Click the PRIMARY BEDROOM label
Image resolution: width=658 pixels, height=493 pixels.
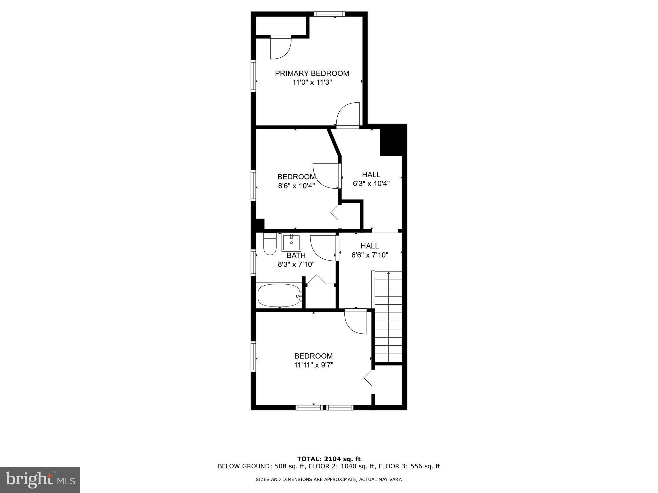click(312, 74)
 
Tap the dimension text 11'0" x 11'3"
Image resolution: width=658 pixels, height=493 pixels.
click(312, 82)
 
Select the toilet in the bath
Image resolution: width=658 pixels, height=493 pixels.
click(270, 245)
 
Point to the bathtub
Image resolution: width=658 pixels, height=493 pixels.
click(279, 295)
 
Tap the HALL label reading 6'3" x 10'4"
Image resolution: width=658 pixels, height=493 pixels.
click(371, 175)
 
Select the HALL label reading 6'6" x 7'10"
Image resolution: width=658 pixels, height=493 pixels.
click(369, 246)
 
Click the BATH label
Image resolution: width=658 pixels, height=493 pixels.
click(296, 256)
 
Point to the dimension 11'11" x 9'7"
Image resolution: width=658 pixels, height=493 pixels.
click(313, 365)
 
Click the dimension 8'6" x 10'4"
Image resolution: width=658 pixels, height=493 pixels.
click(296, 186)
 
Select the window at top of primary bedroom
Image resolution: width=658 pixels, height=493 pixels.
click(329, 14)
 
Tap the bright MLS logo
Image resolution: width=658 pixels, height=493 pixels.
click(40, 480)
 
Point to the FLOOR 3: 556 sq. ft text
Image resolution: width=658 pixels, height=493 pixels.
click(409, 466)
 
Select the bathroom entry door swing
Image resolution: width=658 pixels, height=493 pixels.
click(323, 248)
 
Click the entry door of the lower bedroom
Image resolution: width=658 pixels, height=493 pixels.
click(356, 322)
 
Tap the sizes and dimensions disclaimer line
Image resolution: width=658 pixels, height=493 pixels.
click(329, 480)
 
